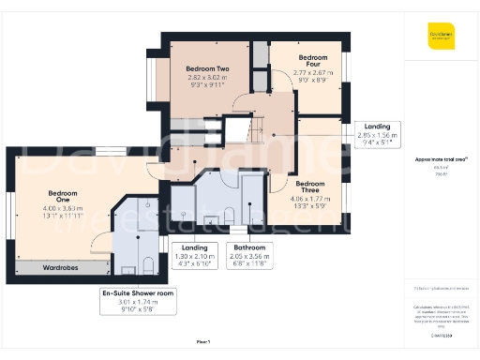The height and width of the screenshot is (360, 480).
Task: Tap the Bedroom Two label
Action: pos(207,69)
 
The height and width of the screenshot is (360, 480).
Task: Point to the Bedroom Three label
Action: pos(309,184)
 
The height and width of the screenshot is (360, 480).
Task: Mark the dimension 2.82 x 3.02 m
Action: pos(207,80)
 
